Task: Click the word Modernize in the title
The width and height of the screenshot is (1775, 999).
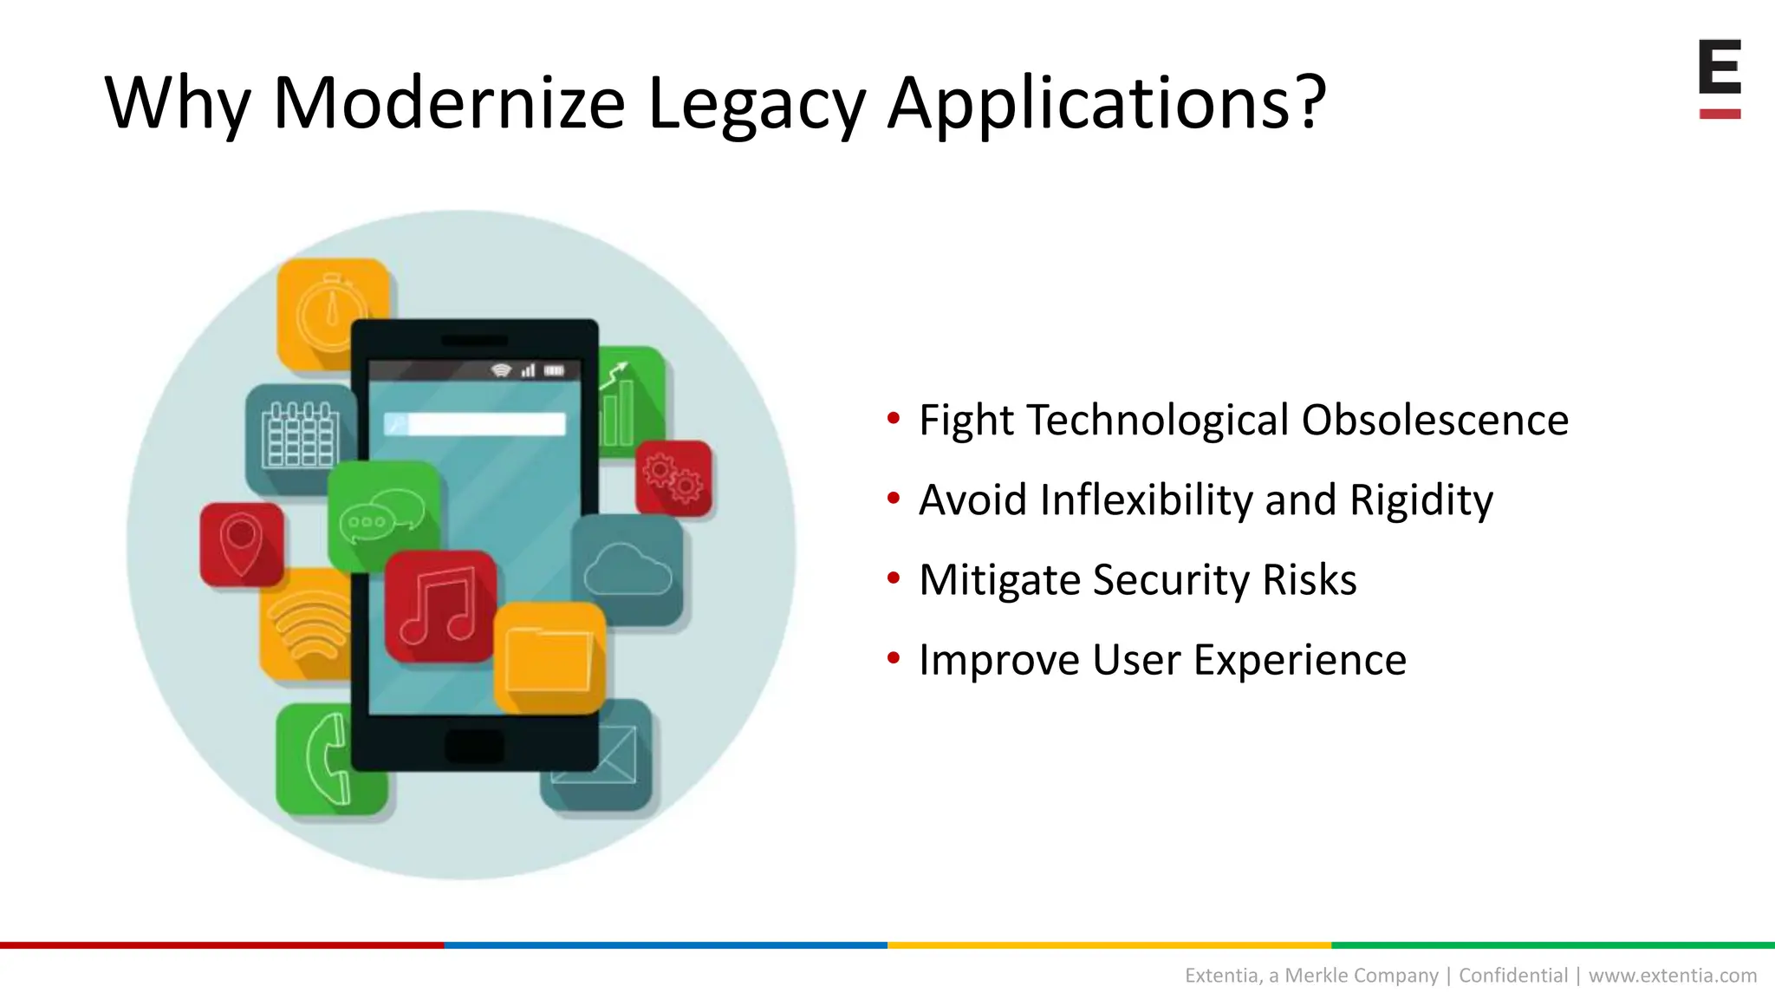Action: (448, 102)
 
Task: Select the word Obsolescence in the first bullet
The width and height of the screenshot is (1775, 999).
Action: (1434, 421)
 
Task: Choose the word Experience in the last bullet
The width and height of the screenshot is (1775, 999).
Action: (1300, 660)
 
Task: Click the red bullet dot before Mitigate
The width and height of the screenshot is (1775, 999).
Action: (893, 578)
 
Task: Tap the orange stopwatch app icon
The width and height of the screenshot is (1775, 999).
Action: (332, 313)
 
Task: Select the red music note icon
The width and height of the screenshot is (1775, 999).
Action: (440, 605)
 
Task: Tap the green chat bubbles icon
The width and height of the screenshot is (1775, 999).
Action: (383, 515)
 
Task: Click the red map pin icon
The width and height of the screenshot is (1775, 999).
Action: (241, 545)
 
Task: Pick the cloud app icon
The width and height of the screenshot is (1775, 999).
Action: (627, 569)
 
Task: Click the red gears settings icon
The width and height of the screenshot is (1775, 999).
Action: (673, 477)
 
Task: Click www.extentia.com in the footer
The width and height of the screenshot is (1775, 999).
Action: (1672, 976)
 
